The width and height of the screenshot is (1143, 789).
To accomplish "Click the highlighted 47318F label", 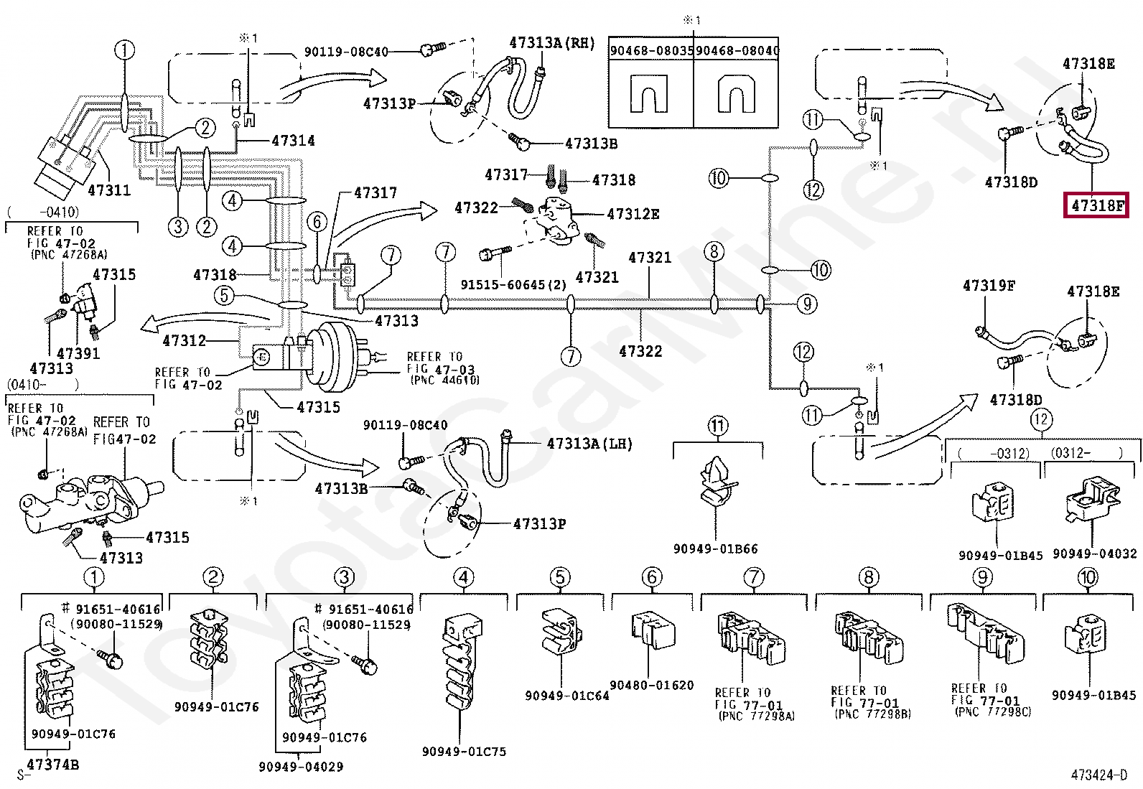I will point(1096,206).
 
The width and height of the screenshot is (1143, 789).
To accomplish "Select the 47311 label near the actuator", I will point(109,190).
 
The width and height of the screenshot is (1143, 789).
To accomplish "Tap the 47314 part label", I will point(293,141).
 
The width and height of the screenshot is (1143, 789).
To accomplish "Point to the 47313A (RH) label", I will point(552,43).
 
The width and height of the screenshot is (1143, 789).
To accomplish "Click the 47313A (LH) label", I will point(589,444).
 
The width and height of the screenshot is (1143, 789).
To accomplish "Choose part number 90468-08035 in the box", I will point(651,50).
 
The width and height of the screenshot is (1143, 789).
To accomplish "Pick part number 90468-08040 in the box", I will point(737,50).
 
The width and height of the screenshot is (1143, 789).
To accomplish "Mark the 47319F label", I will point(989,286).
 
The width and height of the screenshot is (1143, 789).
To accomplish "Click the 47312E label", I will point(633,214).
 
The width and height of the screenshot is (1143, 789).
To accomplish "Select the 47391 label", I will point(78,353).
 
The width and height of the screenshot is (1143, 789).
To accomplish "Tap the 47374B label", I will point(52,765).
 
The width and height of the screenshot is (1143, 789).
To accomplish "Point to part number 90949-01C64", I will point(566,695).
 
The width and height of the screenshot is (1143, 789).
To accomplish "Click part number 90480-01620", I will point(651,685).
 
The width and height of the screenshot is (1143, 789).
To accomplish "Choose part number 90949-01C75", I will point(464,752).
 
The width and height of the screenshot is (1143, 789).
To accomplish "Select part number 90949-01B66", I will point(715,548).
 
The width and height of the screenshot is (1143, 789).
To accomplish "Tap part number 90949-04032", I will point(1094,554).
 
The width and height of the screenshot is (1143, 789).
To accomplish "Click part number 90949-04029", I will point(301,767).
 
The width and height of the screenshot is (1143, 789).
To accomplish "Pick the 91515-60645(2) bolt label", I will point(513,285).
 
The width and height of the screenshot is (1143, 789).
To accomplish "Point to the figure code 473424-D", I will point(1098,775).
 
